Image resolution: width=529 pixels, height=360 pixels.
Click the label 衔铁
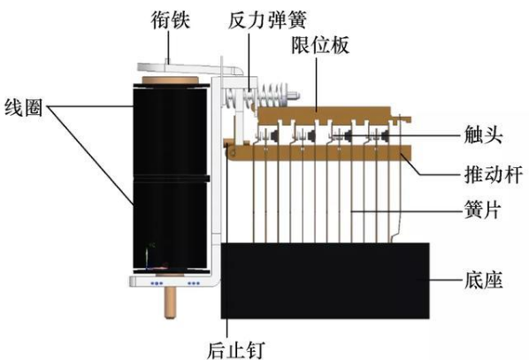tap(170, 19)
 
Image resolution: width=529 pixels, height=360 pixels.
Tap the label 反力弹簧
tap(267, 20)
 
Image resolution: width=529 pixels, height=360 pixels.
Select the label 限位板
tap(320, 45)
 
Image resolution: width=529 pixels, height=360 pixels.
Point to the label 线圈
tap(24, 108)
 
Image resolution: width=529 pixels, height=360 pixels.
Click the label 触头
tap(484, 135)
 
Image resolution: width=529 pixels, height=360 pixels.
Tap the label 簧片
tap(482, 210)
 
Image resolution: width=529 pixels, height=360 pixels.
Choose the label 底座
tap(484, 280)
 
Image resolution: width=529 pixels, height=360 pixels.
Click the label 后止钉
tap(235, 350)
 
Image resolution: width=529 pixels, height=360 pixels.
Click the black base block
tap(326, 280)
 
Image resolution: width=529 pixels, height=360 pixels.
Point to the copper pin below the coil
tap(172, 303)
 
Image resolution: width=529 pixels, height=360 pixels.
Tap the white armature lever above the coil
tap(189, 67)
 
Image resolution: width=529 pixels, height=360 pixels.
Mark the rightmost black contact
tap(384, 136)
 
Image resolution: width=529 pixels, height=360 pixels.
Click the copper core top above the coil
tap(171, 80)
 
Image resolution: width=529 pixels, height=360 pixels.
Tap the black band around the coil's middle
tap(171, 178)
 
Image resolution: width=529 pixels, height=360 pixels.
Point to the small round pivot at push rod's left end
tap(232, 154)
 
